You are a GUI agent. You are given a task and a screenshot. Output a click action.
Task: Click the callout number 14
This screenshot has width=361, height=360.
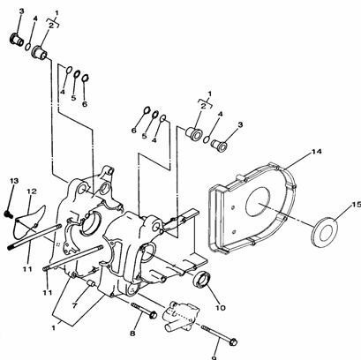(x=316, y=152)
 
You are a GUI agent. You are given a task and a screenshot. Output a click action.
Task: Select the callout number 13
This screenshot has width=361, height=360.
(x=14, y=180)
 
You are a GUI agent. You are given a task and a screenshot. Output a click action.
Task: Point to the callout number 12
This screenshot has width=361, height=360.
(x=32, y=191)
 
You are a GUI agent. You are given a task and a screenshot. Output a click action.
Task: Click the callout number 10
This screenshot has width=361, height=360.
(x=221, y=308)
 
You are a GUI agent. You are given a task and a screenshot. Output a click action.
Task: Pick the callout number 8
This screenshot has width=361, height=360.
(x=132, y=334)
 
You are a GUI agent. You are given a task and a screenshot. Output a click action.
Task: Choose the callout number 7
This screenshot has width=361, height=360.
(x=75, y=306)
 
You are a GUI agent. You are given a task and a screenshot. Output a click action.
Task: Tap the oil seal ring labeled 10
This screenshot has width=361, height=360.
(x=201, y=279)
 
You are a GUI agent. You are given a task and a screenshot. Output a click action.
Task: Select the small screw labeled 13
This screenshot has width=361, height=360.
(x=8, y=214)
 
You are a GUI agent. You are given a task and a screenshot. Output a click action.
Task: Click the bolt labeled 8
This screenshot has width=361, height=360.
(x=144, y=311)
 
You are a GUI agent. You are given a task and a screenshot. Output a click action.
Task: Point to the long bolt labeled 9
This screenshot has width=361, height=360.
(x=219, y=335)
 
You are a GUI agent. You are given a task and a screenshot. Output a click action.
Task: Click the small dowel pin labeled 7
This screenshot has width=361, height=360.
(x=91, y=284)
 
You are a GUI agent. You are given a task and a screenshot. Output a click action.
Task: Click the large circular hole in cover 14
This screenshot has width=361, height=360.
(x=258, y=202)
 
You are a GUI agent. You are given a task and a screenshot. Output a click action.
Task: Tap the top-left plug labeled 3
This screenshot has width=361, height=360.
(x=17, y=40)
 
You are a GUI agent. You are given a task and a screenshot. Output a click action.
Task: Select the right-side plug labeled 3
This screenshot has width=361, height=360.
(x=220, y=146)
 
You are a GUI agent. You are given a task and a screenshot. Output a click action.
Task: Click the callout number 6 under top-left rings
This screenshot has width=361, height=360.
(x=85, y=103)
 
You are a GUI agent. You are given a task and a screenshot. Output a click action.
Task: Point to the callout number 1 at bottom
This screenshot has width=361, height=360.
(x=54, y=327)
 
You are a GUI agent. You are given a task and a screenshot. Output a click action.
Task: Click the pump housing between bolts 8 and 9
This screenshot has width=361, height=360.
(x=179, y=317)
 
